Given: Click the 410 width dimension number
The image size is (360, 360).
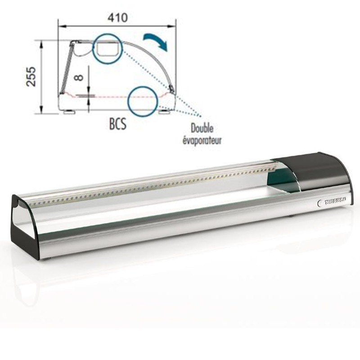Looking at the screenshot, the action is pos(117,18).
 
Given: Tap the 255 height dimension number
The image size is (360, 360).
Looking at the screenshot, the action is pos(31,76).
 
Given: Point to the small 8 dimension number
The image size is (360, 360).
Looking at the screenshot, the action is pos(79,76).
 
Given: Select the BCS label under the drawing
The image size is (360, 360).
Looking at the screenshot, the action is pos(118,124).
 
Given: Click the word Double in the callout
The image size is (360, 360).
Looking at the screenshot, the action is pos(202,129).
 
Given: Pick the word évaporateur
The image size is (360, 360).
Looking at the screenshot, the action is pos(202,140).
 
